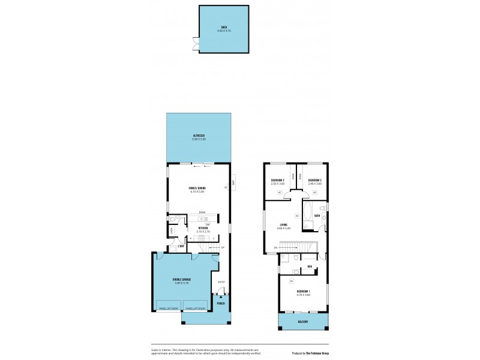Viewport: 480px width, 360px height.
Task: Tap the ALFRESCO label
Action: coord(199,137)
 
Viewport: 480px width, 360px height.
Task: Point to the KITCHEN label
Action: coord(203,228)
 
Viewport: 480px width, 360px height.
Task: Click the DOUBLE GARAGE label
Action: coord(182,280)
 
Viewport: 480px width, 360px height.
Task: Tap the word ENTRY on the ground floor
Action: coord(221,281)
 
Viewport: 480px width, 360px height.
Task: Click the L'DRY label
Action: coord(181,246)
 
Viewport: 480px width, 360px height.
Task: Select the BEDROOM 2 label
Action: coord(277,181)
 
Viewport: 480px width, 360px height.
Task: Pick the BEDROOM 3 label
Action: coord(314,181)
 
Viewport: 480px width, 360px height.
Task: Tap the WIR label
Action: coord(310,266)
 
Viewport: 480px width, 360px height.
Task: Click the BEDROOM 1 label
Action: coord(304,293)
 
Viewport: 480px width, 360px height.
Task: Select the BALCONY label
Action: coord(304,322)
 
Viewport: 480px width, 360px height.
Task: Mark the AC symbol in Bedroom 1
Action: coord(291,281)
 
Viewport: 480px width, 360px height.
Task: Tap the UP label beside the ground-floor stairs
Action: coord(223,247)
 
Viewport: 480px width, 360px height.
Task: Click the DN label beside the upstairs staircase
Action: coord(275,247)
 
